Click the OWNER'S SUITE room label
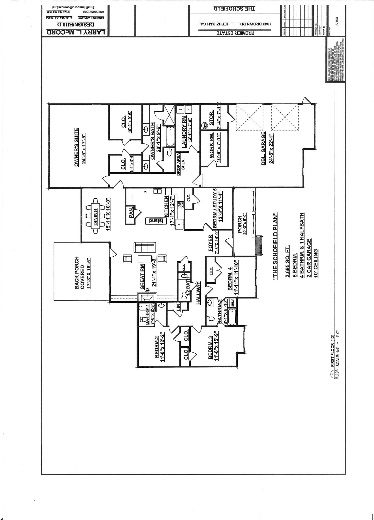click(x=76, y=147)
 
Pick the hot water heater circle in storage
click(x=205, y=125)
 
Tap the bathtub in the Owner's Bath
click(x=170, y=136)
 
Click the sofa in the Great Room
click(x=144, y=248)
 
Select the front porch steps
click(x=259, y=245)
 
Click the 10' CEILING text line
click(x=316, y=264)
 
